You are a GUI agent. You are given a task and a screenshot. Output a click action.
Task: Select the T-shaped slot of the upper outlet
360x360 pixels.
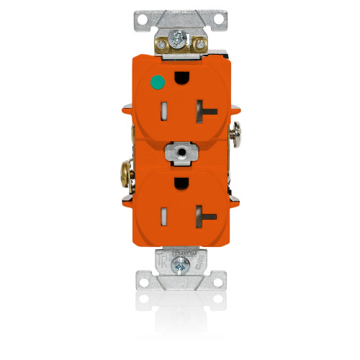click(x=204, y=110)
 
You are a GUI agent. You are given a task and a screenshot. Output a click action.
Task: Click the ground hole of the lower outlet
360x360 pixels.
click(x=179, y=180)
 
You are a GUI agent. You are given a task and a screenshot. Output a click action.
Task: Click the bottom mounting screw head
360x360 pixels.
click(x=179, y=266)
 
